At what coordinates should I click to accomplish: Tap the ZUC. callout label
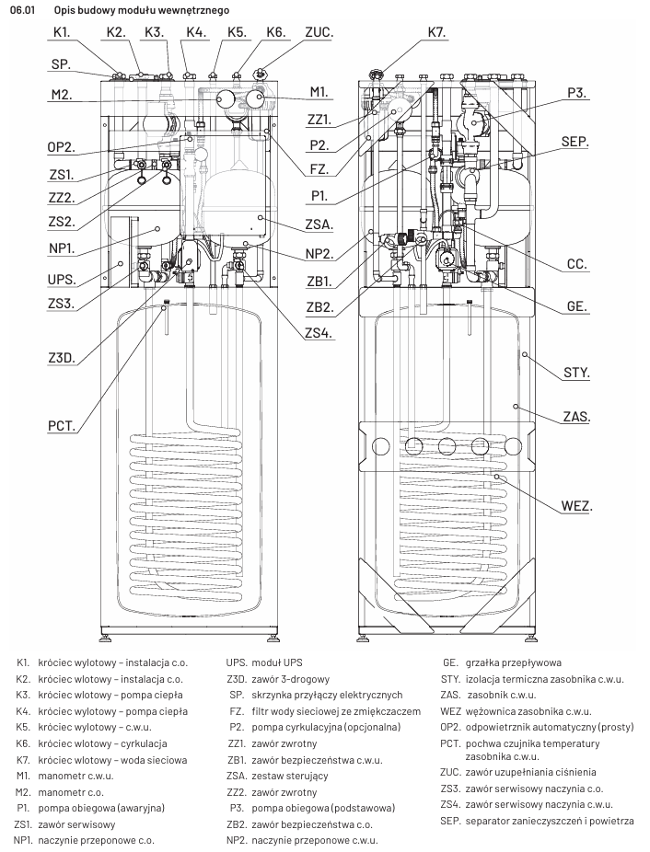pyautogui.click(x=319, y=32)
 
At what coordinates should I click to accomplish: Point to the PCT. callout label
pyautogui.click(x=62, y=426)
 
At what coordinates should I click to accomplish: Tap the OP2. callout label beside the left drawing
pyautogui.click(x=62, y=146)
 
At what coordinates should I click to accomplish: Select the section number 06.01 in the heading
pyautogui.click(x=22, y=8)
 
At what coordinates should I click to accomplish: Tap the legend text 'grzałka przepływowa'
pyautogui.click(x=516, y=662)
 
